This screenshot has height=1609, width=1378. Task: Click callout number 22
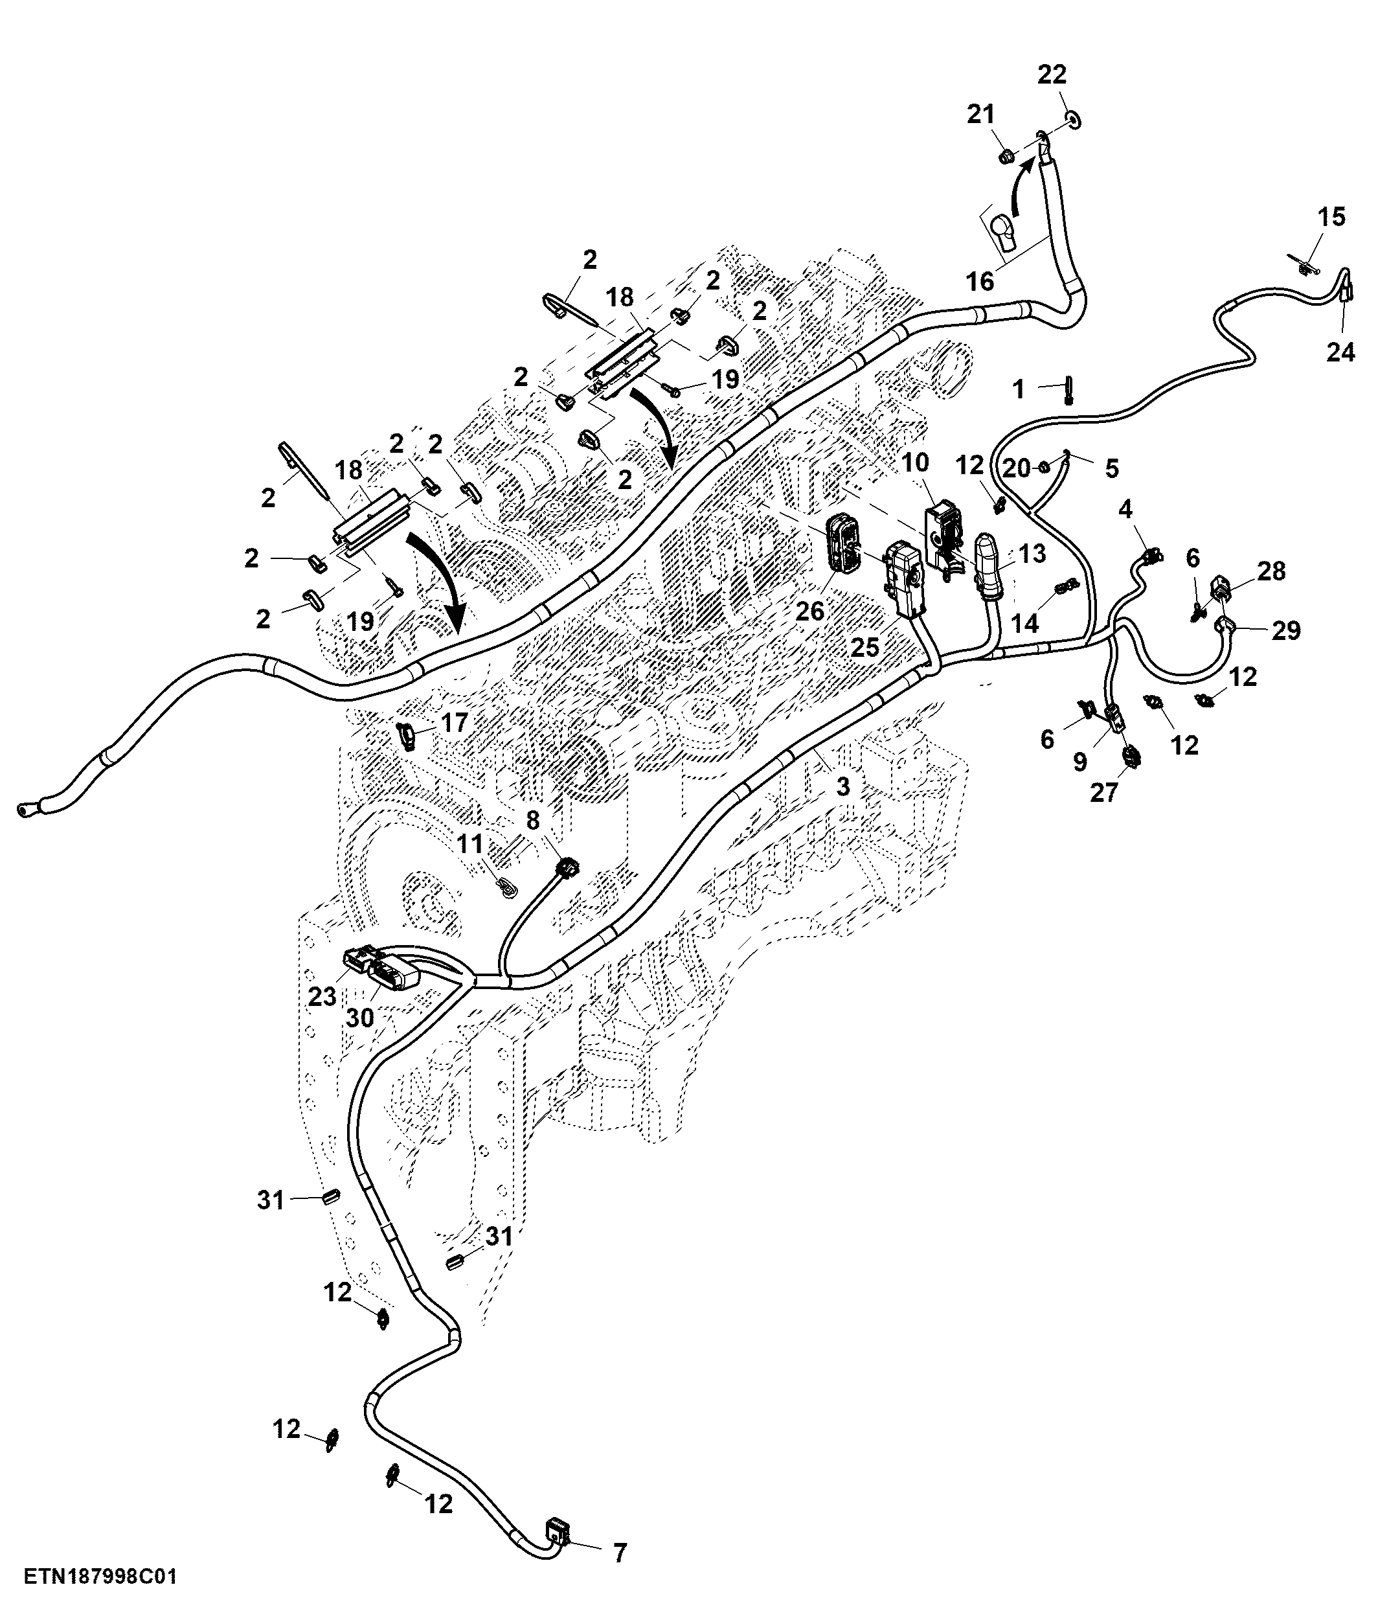click(1053, 75)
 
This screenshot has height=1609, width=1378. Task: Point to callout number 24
click(1340, 352)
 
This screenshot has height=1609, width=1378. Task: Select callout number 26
click(809, 611)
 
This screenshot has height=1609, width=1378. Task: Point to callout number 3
click(843, 786)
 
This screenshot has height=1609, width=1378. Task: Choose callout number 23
click(322, 996)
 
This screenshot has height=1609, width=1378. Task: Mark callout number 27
click(1104, 793)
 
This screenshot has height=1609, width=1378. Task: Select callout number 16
click(980, 281)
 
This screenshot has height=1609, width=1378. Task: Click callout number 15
click(1331, 218)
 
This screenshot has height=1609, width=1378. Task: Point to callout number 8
click(532, 821)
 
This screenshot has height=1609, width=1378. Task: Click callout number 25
click(865, 647)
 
